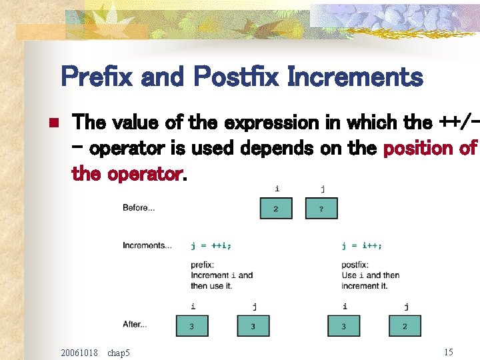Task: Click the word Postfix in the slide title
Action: pos(237,77)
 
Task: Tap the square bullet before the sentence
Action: pos(55,123)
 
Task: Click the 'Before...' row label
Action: pos(139,208)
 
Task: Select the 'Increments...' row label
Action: pos(147,245)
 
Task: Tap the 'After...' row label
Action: pos(134,325)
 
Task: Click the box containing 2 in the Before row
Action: pos(275,209)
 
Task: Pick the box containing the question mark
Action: pos(321,209)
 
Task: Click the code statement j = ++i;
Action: pos(211,245)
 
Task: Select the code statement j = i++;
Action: pos(362,245)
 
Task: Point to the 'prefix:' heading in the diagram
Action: pos(203,265)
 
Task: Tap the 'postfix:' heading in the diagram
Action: pos(355,265)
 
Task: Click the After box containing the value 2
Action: pos(405,326)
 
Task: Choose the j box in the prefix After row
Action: pos(253,326)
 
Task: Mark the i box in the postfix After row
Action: pos(343,326)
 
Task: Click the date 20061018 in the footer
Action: pos(79,352)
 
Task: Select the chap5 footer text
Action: pos(119,352)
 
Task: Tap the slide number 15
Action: pos(448,351)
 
